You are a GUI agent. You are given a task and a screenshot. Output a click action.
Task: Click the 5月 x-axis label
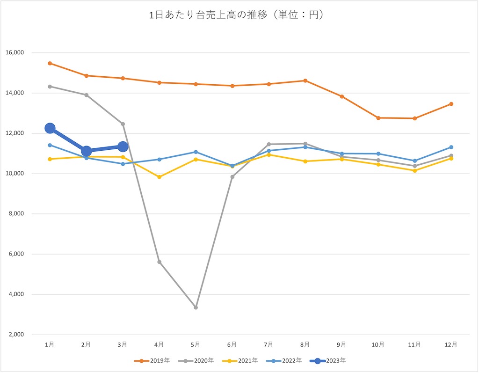(x=196, y=344)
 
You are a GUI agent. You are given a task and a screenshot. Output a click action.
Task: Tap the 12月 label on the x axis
(x=451, y=344)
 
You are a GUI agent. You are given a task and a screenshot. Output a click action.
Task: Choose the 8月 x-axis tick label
(x=305, y=344)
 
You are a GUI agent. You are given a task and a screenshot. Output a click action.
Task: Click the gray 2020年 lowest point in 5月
(x=196, y=307)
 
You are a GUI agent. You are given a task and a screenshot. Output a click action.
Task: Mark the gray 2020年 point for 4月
(x=160, y=262)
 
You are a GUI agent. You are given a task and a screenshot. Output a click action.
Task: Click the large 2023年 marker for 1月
(x=50, y=128)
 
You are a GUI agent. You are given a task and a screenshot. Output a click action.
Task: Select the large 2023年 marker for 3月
(x=123, y=147)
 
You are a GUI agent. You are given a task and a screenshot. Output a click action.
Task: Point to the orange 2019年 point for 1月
(x=50, y=63)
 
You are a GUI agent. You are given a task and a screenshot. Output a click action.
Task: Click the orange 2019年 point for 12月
(x=451, y=104)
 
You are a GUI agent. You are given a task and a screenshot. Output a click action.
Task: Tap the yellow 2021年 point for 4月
(x=160, y=177)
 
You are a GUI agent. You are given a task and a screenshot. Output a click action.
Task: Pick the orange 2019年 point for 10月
(x=378, y=118)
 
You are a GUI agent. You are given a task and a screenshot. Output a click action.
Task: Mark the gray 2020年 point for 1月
(x=50, y=87)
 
